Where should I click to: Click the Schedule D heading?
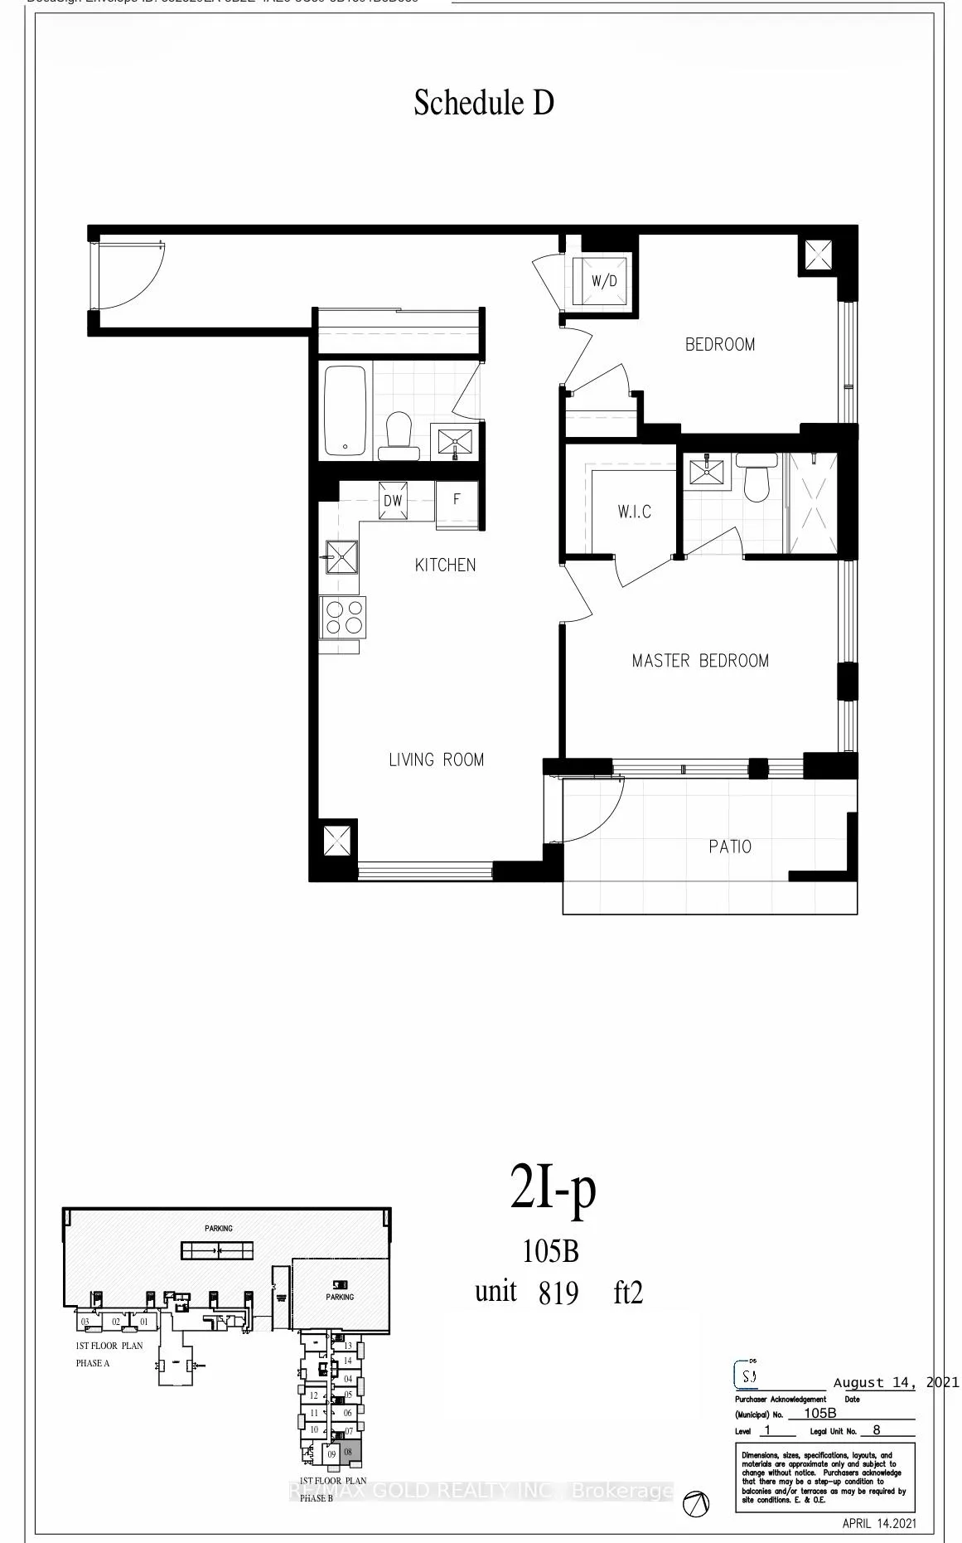pos(484,104)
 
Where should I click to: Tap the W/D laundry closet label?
pos(604,281)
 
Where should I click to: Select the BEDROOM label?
pos(719,344)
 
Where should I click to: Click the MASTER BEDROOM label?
pos(700,661)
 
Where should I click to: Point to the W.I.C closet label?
pos(634,512)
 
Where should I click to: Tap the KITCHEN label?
pos(445,565)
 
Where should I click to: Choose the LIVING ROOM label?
pos(436,759)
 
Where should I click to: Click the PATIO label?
pos(730,847)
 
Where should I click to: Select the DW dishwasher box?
pos(393,501)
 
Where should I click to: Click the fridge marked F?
pos(456,500)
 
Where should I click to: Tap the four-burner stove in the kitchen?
pos(343,618)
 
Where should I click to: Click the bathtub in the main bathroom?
pos(345,410)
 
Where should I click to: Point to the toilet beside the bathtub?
pos(399,435)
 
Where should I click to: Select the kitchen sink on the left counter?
pos(341,557)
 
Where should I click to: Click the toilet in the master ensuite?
pos(757,481)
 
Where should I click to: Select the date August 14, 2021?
pos(896,1382)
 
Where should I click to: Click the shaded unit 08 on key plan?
pos(348,1453)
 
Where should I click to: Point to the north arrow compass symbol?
pos(695,1502)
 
